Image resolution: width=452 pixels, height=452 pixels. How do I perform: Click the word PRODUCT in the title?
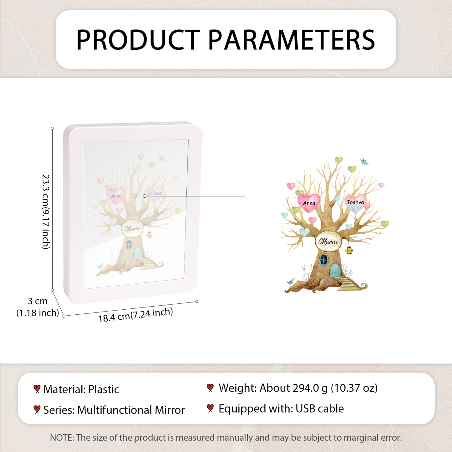pyautogui.click(x=138, y=40)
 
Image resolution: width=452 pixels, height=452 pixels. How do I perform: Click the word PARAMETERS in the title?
pyautogui.click(x=291, y=40)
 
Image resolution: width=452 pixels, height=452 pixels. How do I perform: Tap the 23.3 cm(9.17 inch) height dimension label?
pyautogui.click(x=46, y=211)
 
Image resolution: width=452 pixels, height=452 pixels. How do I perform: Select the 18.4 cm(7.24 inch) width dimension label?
pyautogui.click(x=135, y=315)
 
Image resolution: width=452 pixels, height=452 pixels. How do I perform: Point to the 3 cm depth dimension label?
pyautogui.click(x=38, y=301)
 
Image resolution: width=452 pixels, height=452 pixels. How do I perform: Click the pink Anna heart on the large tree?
pyautogui.click(x=309, y=203)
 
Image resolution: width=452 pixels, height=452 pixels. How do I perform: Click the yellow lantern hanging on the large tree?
pyautogui.click(x=349, y=250)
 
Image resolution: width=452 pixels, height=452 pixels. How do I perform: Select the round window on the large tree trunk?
pyautogui.click(x=324, y=260)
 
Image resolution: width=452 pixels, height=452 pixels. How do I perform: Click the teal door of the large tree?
pyautogui.click(x=335, y=270)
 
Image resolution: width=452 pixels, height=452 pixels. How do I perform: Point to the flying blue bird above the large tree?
pyautogui.click(x=364, y=162)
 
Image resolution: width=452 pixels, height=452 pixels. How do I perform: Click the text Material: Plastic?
pyautogui.click(x=81, y=390)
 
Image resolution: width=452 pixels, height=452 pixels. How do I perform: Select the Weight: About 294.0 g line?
pyautogui.click(x=298, y=388)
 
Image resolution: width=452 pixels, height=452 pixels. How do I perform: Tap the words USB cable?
pyautogui.click(x=319, y=409)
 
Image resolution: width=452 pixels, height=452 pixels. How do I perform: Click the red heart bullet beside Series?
pyautogui.click(x=37, y=409)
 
